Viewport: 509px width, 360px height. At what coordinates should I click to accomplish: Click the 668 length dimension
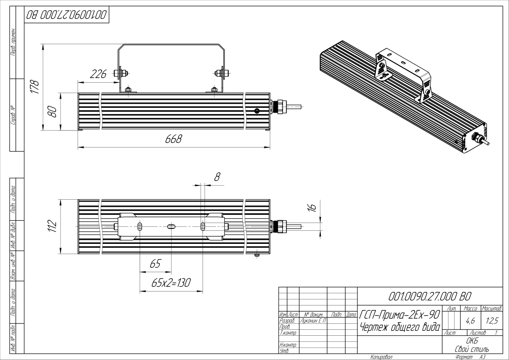[x=174, y=139]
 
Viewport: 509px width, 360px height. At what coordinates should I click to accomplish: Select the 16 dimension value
[x=312, y=206]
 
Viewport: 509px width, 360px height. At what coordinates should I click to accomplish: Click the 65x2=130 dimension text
[x=171, y=283]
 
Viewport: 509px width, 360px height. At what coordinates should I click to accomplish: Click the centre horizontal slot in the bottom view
[x=171, y=227]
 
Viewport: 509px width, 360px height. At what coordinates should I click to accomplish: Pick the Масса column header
[x=470, y=308]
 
